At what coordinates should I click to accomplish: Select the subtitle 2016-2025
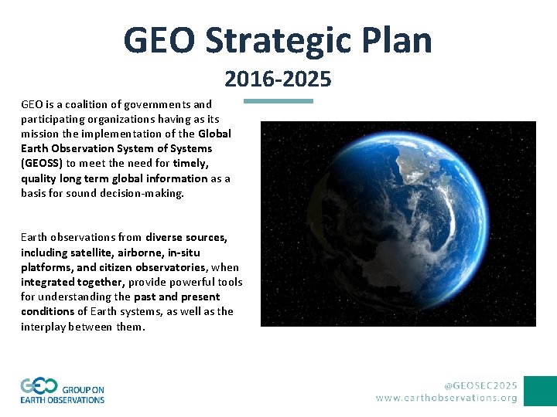point(278,79)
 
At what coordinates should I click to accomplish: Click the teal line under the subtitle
point(278,100)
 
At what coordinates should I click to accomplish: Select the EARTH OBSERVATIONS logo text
point(63,400)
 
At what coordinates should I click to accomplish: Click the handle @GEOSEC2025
point(480,385)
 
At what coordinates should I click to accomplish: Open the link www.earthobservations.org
point(446,398)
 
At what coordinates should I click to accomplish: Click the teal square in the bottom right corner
point(540,391)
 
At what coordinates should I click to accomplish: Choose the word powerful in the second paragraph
point(177,282)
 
